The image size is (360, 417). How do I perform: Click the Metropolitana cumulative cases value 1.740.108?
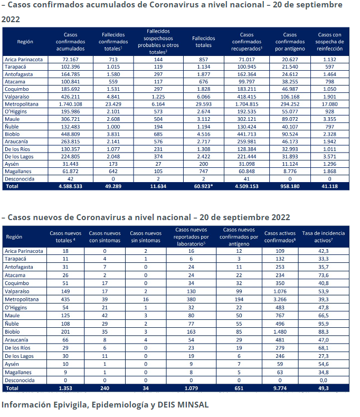point(70,105)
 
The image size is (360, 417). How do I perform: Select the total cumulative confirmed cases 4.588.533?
point(70,186)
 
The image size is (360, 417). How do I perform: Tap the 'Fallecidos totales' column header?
point(203,42)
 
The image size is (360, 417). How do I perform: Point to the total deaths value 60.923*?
point(203,186)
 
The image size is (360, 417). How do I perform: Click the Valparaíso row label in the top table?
point(17,97)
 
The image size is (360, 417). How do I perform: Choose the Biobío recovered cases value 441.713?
point(247,134)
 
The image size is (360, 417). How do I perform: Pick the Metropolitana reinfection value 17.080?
point(330,105)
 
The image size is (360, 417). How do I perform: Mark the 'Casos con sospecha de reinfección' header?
point(330,42)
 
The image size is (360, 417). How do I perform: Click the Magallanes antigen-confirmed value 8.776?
point(290,172)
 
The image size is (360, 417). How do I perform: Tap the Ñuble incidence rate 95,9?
point(323,324)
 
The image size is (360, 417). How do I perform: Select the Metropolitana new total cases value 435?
point(65,299)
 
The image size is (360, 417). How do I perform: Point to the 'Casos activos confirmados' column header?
point(280,236)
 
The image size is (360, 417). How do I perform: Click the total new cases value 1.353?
point(65,388)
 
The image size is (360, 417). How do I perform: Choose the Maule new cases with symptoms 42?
point(105,316)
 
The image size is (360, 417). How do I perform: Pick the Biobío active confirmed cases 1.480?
point(280,332)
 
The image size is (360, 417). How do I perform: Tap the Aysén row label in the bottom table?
point(12,364)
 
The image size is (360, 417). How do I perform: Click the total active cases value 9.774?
point(280,388)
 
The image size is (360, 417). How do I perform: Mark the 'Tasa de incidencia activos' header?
point(323,236)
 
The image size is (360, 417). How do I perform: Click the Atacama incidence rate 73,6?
point(323,275)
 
